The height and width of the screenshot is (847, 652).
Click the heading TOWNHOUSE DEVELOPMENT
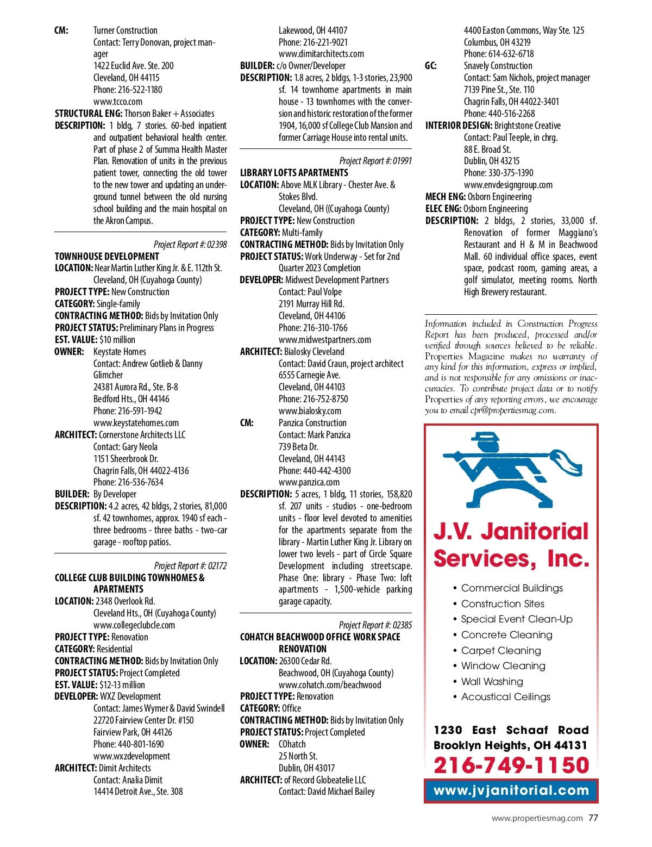pyautogui.click(x=107, y=256)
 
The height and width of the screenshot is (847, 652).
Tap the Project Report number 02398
pyautogui.click(x=190, y=245)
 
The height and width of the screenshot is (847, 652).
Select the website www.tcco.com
pyautogui.click(x=118, y=102)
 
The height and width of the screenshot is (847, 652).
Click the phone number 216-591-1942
pyautogui.click(x=128, y=411)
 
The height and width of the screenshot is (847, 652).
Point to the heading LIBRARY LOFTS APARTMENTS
pyautogui.click(x=294, y=173)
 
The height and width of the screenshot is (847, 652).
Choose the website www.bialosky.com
pyautogui.click(x=310, y=411)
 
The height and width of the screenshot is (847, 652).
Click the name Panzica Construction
pyautogui.click(x=312, y=423)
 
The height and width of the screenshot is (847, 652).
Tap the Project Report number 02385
pyautogui.click(x=375, y=625)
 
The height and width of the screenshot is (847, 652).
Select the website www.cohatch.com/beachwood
pyautogui.click(x=330, y=685)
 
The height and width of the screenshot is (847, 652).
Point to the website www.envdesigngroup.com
pyautogui.click(x=508, y=185)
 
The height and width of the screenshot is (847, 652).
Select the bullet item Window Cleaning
pyautogui.click(x=503, y=666)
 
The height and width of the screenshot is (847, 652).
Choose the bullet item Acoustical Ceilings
pyautogui.click(x=505, y=697)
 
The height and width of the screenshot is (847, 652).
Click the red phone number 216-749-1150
pyautogui.click(x=511, y=765)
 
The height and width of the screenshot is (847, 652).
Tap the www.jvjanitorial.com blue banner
pyautogui.click(x=511, y=790)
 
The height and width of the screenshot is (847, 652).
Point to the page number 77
pyautogui.click(x=593, y=818)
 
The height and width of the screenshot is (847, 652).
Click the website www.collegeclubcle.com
pyautogui.click(x=134, y=625)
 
